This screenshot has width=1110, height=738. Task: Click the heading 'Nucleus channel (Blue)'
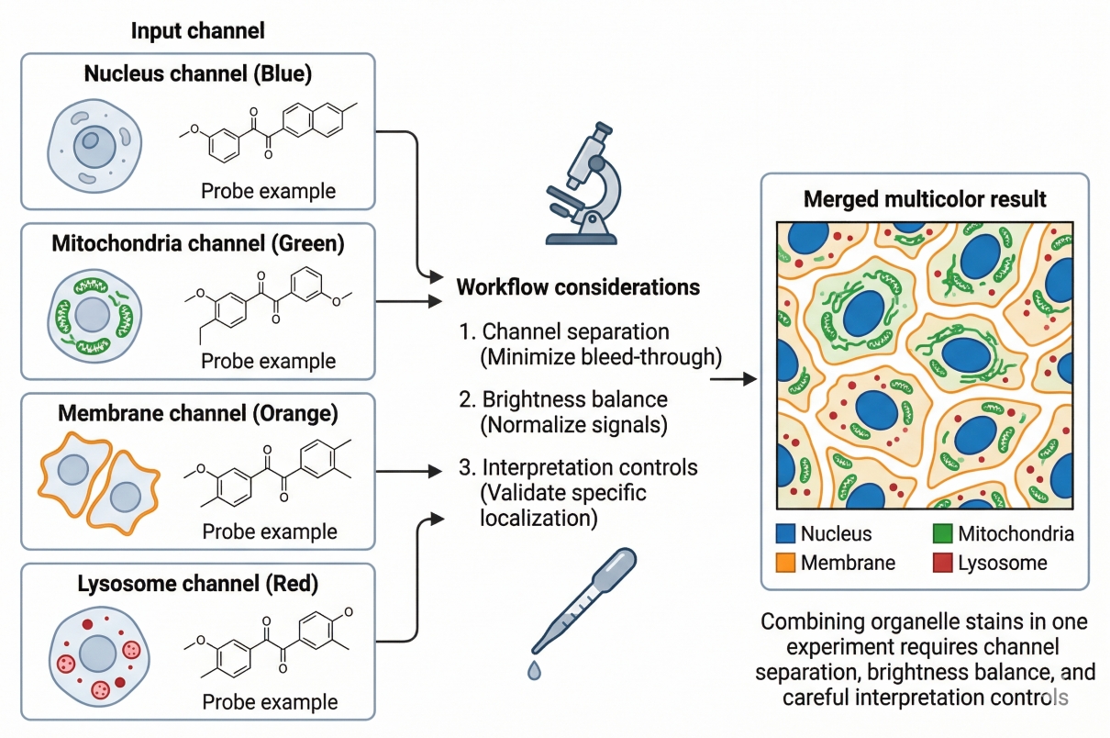click(198, 74)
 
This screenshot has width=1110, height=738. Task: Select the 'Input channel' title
click(197, 30)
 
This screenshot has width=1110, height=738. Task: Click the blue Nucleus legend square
click(785, 533)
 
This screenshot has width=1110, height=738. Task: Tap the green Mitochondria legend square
click(942, 533)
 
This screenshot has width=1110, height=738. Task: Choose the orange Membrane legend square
click(785, 563)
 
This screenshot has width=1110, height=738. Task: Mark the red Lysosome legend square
click(942, 563)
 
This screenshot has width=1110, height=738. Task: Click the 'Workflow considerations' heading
click(578, 287)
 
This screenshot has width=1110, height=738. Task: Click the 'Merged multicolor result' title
click(925, 200)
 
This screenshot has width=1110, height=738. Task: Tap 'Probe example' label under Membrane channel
click(270, 531)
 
